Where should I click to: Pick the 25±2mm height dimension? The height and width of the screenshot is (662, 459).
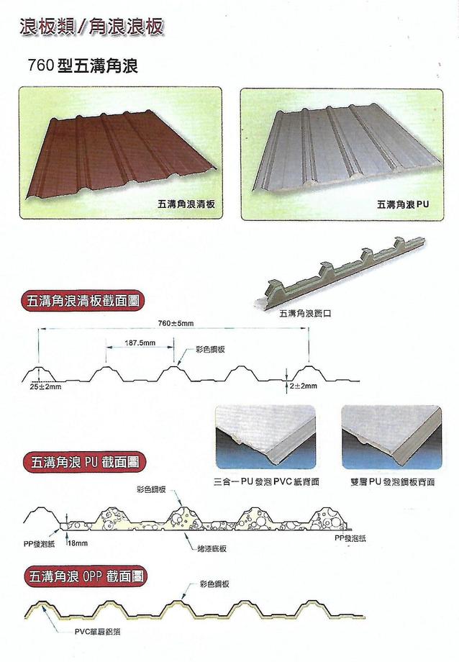click(x=46, y=386)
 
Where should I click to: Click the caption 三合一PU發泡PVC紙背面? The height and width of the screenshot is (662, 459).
click(x=266, y=481)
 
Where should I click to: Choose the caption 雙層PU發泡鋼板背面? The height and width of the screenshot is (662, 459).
click(x=389, y=481)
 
